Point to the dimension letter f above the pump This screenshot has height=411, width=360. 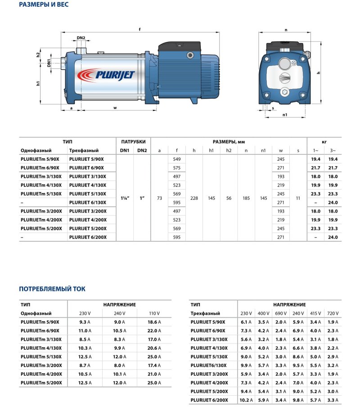140,29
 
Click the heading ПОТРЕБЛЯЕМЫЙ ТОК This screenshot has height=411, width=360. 52,289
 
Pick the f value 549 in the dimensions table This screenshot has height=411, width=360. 176,159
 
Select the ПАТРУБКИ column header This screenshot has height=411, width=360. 133,141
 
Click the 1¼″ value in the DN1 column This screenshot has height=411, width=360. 125,198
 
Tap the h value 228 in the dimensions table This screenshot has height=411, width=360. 194,198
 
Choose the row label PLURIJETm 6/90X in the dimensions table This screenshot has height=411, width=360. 40,168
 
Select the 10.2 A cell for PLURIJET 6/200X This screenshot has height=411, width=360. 246,400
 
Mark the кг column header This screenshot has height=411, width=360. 324,141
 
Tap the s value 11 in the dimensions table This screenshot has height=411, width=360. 298,198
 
